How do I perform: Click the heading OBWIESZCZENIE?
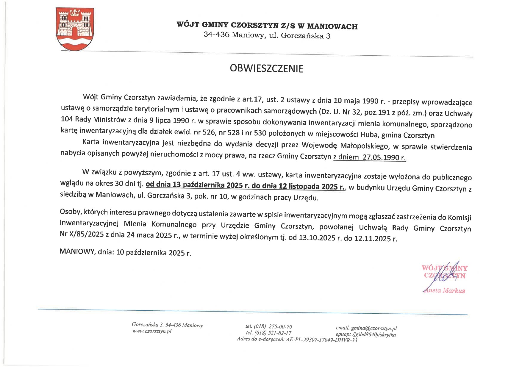(266, 69)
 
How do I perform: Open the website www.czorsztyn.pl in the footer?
(151, 331)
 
